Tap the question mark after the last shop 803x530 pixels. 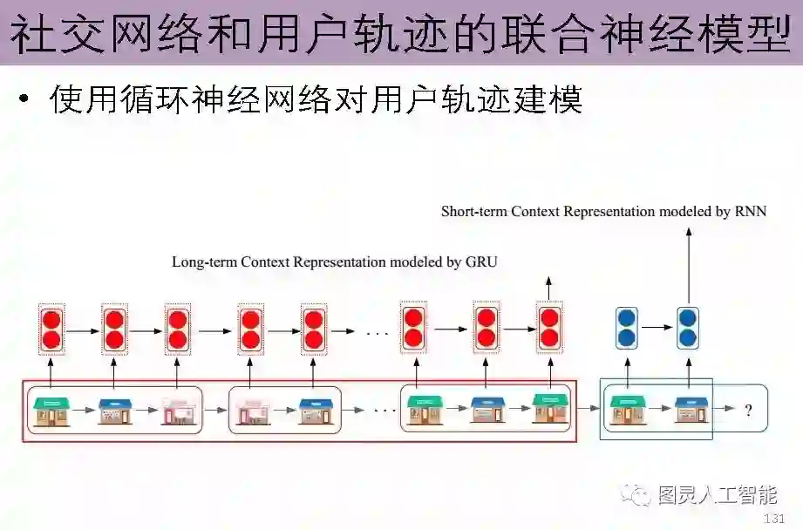[x=747, y=410]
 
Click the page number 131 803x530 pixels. [x=773, y=519]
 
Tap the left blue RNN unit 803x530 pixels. [x=626, y=327]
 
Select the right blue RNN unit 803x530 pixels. [x=689, y=327]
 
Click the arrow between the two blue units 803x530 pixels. [x=657, y=328]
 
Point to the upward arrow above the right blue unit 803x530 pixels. [x=689, y=262]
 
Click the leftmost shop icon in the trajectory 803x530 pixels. [x=51, y=410]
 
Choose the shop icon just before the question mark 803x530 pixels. [x=690, y=409]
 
